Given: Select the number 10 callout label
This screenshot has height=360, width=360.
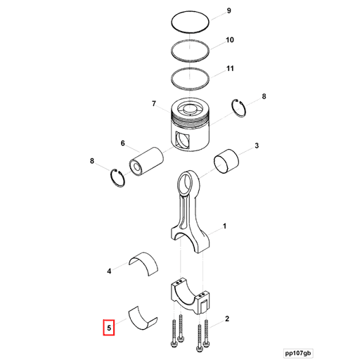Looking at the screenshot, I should (x=230, y=41).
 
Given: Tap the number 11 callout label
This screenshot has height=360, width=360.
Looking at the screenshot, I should (x=230, y=69).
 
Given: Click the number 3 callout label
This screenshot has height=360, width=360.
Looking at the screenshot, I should (x=257, y=146).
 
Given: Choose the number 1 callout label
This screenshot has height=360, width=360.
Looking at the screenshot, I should (x=224, y=226).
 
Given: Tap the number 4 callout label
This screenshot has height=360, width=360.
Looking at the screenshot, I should (x=109, y=270).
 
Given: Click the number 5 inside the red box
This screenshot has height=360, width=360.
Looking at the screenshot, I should (x=109, y=327).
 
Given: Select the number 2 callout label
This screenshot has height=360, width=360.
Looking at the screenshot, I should (x=227, y=319).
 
